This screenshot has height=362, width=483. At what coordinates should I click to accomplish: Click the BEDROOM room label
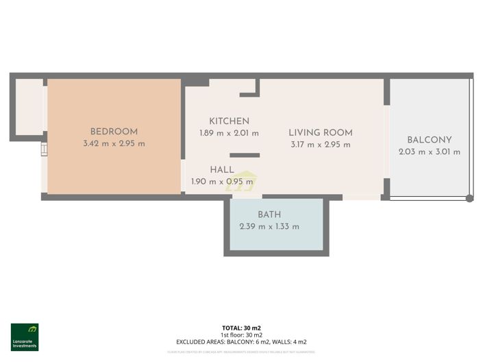114,132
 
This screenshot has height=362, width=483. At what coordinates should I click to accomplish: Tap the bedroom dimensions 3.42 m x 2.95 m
114,144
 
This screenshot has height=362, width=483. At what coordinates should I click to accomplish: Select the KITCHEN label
229,121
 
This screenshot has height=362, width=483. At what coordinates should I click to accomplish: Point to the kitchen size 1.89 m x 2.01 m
229,133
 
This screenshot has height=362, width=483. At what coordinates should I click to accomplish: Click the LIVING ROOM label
320,132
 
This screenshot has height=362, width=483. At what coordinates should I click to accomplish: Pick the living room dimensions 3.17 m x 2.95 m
320,145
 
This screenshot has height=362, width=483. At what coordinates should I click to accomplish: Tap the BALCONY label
429,140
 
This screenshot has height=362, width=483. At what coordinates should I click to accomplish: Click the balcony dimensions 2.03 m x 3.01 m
429,152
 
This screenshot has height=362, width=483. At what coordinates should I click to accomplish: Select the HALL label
222,169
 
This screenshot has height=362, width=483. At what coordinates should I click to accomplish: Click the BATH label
269,215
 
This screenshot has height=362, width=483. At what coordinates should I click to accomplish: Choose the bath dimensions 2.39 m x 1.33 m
269,227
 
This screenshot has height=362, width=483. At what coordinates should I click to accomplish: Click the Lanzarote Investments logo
25,337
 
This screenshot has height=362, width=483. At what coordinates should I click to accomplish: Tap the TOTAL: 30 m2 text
241,328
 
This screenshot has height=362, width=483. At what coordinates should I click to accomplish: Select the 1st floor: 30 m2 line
241,335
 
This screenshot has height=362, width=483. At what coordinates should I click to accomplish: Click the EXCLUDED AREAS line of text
241,341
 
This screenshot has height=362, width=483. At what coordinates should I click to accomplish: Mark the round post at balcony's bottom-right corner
469,199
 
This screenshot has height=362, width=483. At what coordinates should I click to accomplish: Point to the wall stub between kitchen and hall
245,155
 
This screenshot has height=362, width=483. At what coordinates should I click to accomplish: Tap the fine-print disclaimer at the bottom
241,352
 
